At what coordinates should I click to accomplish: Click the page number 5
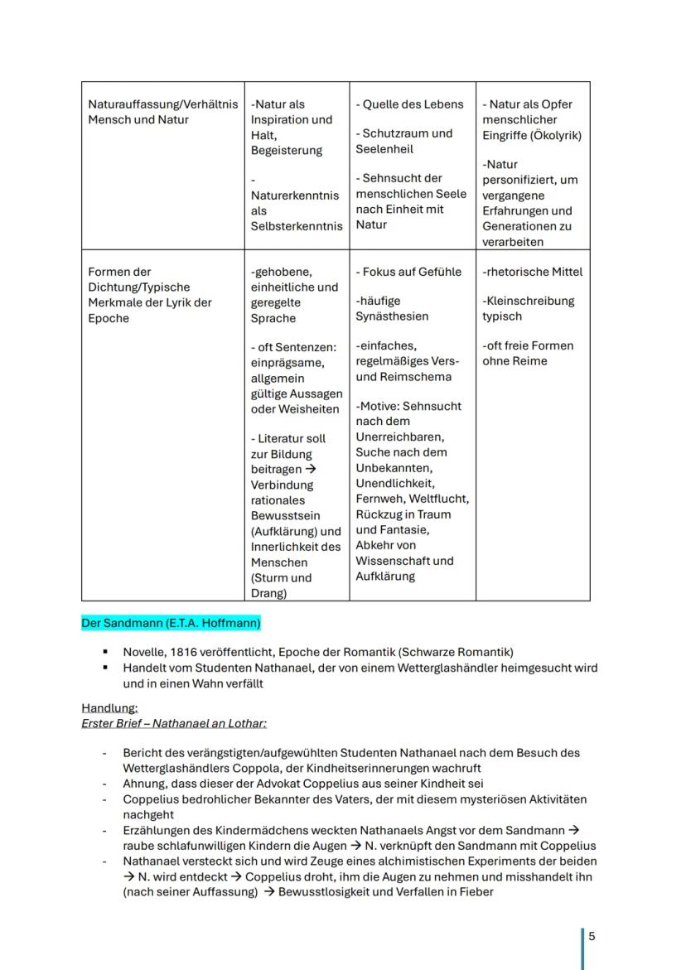click(592, 937)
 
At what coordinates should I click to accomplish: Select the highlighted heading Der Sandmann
click(171, 623)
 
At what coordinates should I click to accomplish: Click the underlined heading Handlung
click(109, 708)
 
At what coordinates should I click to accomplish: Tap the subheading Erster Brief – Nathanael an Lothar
click(173, 724)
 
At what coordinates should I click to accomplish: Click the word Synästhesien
click(392, 316)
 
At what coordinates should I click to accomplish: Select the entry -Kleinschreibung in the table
click(529, 301)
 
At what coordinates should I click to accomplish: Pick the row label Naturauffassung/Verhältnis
click(162, 104)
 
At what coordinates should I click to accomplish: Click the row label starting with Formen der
click(119, 272)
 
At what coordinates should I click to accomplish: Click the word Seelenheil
click(384, 149)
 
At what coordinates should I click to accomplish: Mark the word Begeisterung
click(287, 151)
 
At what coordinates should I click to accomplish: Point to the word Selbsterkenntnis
click(296, 226)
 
